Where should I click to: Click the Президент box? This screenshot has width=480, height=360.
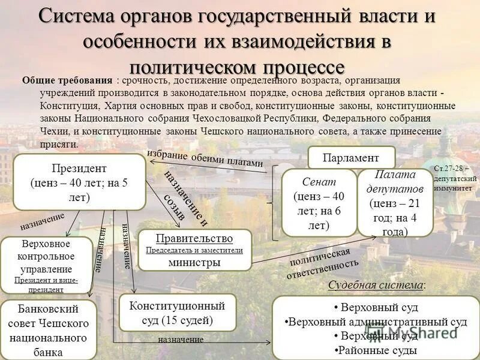[x=79, y=182]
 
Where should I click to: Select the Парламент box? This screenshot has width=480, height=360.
[x=351, y=158]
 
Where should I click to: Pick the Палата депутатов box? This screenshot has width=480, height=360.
[x=395, y=202]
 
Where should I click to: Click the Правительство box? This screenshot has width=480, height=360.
[x=194, y=249]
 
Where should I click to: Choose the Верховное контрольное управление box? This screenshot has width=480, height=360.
[x=46, y=265]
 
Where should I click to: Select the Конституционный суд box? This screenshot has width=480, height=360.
[x=176, y=312]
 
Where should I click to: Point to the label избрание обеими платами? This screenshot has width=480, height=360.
[x=205, y=158]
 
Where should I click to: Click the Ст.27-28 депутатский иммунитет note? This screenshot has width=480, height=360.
[x=455, y=178]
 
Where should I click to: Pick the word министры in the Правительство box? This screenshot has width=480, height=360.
[x=194, y=262]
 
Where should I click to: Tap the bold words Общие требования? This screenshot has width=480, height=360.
[x=67, y=81]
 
